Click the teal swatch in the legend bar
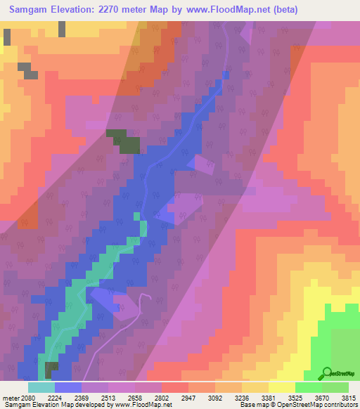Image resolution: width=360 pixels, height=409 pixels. click(x=41, y=387)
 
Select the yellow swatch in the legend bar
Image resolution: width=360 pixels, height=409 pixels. click(x=281, y=387)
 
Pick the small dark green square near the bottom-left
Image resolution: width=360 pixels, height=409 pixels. click(x=51, y=370)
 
